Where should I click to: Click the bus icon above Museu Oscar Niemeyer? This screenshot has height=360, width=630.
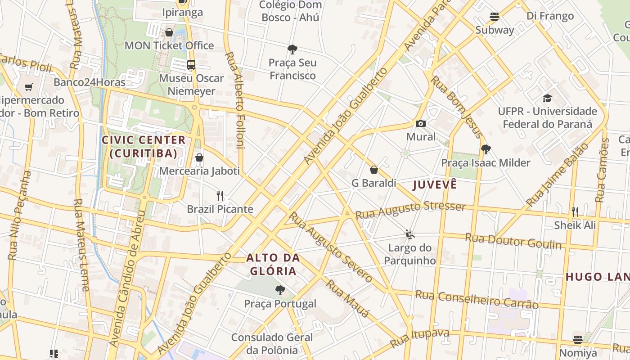191,65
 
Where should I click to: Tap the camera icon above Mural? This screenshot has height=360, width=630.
421,123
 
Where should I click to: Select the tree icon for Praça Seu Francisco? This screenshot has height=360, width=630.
292,49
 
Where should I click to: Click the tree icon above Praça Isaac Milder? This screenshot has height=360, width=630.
486,149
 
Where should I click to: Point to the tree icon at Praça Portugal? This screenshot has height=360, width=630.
280,290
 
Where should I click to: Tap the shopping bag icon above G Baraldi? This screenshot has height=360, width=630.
373,170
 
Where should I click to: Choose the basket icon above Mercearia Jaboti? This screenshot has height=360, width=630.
199,157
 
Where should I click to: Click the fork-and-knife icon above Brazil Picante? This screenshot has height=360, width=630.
220,196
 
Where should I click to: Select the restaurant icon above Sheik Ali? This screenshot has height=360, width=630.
575,211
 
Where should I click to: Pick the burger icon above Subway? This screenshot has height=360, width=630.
495,17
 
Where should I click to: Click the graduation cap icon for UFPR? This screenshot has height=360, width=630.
547,98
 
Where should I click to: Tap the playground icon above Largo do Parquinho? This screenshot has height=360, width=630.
409,234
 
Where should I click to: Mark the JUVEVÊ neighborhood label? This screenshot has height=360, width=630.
435,184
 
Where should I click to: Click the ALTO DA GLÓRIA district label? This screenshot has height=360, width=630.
273,265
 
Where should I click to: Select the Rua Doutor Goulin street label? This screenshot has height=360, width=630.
513,241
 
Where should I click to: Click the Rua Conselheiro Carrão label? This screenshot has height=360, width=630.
477,299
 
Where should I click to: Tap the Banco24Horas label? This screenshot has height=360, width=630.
90,82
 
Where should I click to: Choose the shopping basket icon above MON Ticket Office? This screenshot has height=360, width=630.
169,32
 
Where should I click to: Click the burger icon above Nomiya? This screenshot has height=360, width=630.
578,339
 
